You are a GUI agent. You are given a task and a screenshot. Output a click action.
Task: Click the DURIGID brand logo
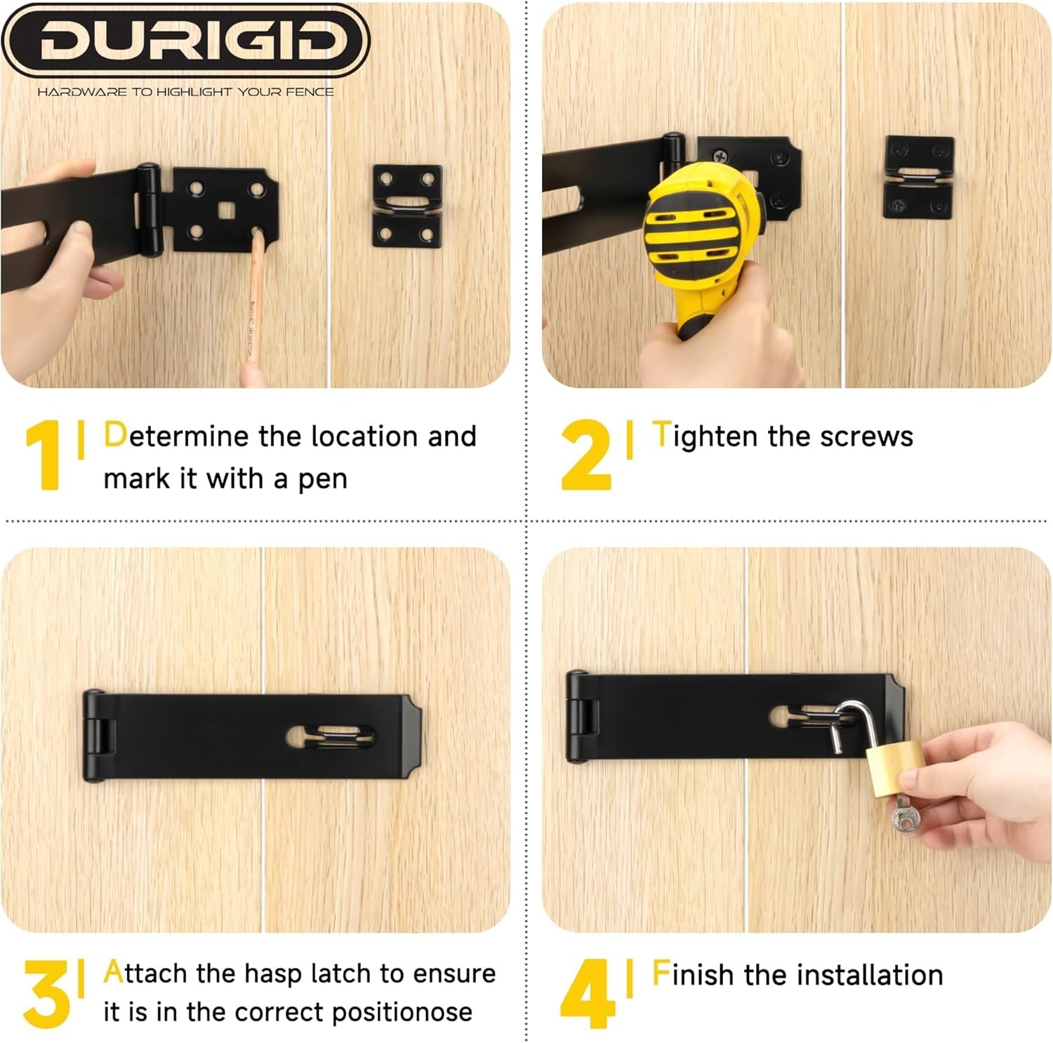tap(185, 40)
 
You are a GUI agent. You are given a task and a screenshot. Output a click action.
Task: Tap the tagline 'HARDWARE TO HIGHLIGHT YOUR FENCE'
tap(185, 92)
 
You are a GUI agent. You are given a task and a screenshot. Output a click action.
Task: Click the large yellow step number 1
tap(44, 455)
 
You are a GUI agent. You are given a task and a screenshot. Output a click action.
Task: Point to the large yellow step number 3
tap(46, 993)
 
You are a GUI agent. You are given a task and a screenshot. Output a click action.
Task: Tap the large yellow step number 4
tap(588, 993)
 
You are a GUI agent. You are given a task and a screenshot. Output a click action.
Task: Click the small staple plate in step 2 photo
tap(919, 177)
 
